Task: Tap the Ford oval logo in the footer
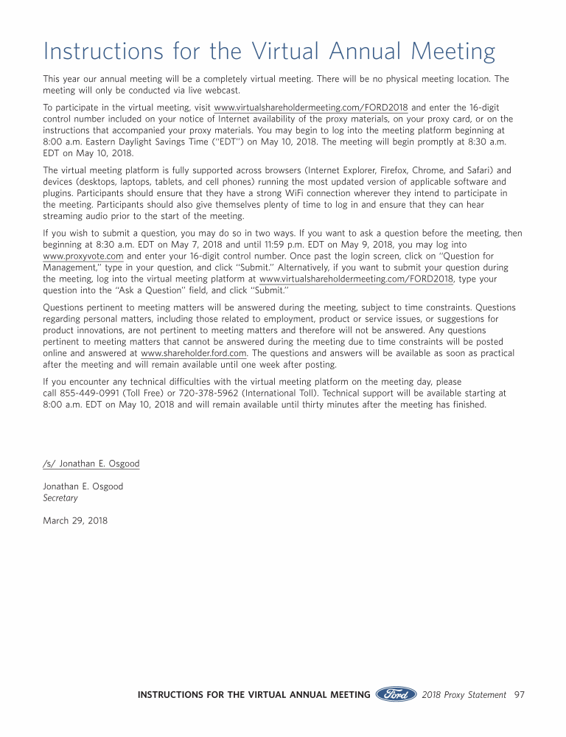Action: [396, 694]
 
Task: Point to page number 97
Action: [519, 694]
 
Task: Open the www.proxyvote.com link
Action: [83, 256]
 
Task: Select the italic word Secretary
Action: [60, 498]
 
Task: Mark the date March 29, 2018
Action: [75, 521]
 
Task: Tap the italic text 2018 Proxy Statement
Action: [464, 694]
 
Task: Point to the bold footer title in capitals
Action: [254, 694]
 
